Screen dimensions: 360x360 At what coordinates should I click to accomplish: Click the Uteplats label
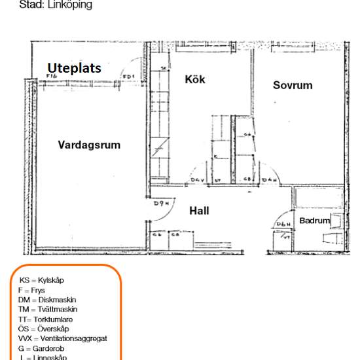[x=73, y=67]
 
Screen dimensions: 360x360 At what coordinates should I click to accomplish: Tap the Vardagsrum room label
[x=89, y=145]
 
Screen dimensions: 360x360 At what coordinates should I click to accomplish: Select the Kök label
[x=195, y=80]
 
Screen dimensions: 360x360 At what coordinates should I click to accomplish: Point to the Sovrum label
[x=293, y=86]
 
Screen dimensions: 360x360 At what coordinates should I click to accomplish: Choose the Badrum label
[x=315, y=221]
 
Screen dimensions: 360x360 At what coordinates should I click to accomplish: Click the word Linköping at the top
[x=69, y=5]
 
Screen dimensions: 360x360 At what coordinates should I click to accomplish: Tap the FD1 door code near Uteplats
[x=129, y=77]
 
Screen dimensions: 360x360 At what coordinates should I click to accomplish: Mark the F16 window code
[x=52, y=77]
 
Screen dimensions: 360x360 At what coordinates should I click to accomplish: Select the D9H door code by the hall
[x=162, y=204]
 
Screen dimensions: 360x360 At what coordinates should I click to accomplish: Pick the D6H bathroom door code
[x=283, y=225]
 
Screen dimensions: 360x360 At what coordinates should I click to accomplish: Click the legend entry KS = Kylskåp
[x=42, y=280]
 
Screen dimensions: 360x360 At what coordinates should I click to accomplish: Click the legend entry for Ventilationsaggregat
[x=63, y=338]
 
